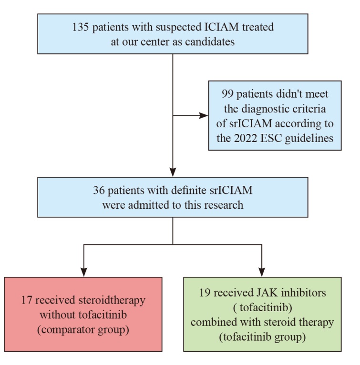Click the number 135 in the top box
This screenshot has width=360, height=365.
pos(81,27)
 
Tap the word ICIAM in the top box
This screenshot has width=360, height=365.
pos(222,27)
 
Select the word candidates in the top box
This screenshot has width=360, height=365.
pos(210,41)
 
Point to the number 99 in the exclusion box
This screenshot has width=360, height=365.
pos(227,94)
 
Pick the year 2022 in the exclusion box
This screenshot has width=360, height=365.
pos(246,138)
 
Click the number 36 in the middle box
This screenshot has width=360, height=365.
pos(99,190)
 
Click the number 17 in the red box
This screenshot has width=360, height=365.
pos(26,300)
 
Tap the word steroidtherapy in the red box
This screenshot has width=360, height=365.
pos(112,300)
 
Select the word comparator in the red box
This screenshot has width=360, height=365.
pos(68,330)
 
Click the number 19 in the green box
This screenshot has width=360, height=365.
pos(205,293)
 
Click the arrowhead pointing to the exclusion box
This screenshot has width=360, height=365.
pos(204,115)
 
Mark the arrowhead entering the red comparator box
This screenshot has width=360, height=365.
pos(83,272)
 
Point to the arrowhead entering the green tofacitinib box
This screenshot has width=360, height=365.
pos(262,272)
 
